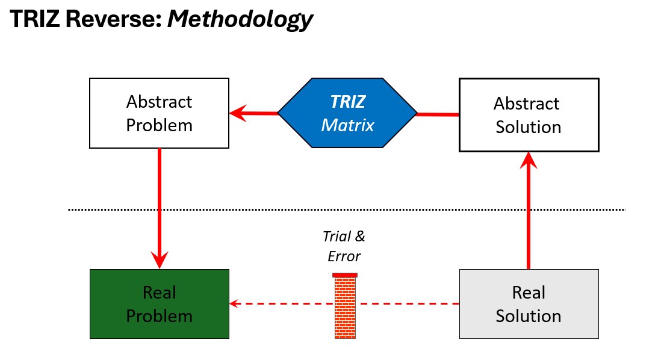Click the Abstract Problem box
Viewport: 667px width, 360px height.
159,113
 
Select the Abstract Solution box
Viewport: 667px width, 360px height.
529,114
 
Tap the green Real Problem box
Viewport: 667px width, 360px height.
159,303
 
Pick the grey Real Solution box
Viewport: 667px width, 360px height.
529,303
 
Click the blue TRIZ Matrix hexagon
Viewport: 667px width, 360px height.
347,113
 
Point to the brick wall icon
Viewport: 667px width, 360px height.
345,307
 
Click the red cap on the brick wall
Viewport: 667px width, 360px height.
345,275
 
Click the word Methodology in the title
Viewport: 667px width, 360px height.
240,19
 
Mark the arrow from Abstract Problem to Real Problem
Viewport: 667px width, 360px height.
160,205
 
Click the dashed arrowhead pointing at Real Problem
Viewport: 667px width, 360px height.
235,303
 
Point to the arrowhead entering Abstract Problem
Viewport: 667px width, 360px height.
238,113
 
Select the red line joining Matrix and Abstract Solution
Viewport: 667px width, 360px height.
438,114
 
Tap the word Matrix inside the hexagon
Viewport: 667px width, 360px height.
347,125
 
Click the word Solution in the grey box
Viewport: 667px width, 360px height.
529,315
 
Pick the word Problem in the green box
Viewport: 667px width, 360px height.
160,315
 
